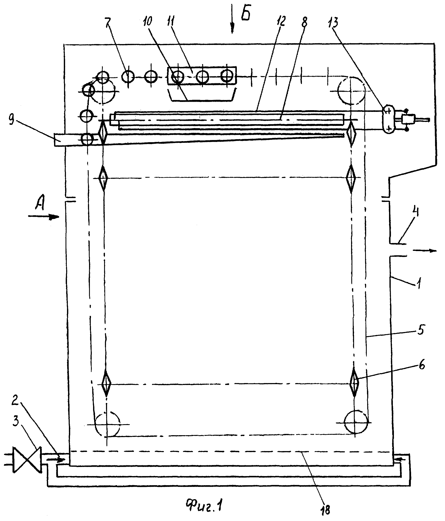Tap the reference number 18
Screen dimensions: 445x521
pyautogui.click(x=325, y=510)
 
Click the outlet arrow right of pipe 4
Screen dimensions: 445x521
pyautogui.click(x=425, y=250)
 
